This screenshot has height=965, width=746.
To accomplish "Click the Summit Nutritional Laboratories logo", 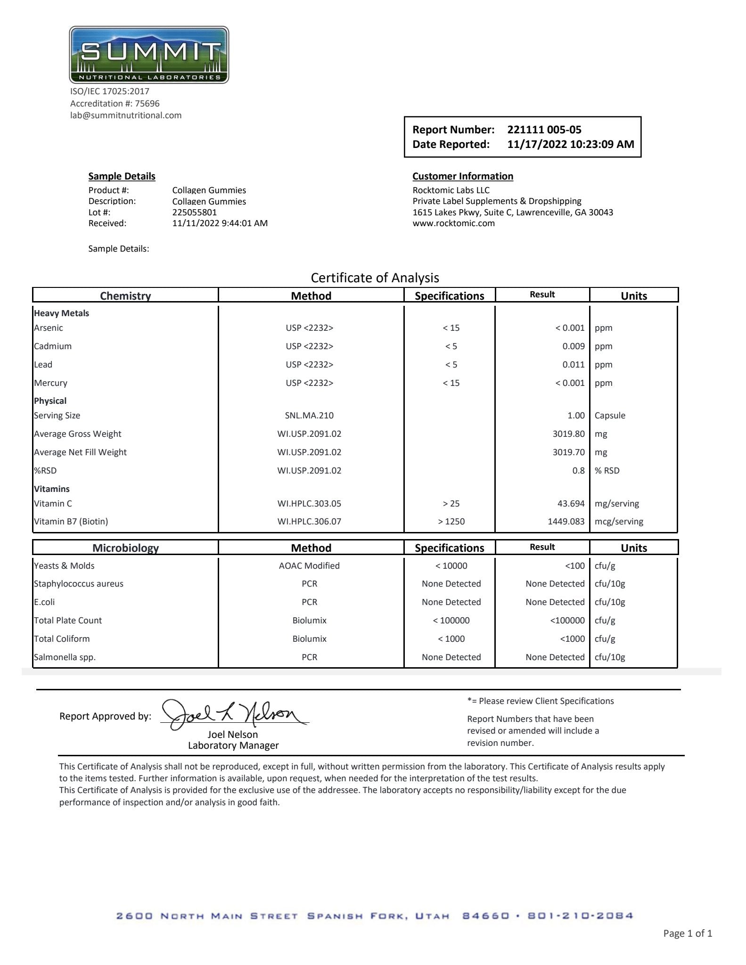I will coord(149,55).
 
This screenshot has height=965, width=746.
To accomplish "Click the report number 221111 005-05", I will coord(544,130).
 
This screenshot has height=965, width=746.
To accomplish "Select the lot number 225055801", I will coord(194,212).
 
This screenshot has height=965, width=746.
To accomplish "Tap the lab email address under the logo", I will coord(126,115).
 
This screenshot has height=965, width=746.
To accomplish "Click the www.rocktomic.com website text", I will coord(453,223).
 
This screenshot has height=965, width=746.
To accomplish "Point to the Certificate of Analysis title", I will coord(375,278).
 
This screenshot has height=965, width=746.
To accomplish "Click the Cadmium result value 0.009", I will coord(573,346).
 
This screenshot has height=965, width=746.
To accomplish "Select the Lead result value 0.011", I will coord(573,365).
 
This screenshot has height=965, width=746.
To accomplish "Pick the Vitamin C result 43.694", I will coord(571,504).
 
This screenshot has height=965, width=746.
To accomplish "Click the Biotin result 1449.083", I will coord(566,522).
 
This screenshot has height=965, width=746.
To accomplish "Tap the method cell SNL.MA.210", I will coord(309,416).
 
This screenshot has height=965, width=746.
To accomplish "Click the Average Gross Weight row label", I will coord(77,434).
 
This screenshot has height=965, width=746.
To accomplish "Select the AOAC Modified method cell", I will coord(309,566).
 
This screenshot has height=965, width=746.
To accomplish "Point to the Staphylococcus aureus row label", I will coord(78,584).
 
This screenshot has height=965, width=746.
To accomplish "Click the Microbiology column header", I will coord(125,548).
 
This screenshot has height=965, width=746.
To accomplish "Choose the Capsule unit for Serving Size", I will coord(610,416).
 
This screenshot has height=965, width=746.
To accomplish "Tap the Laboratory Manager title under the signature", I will coord(233,745).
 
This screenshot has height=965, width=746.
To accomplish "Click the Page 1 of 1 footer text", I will coord(687,933).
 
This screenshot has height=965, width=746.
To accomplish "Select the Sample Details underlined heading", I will coord(122,176).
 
